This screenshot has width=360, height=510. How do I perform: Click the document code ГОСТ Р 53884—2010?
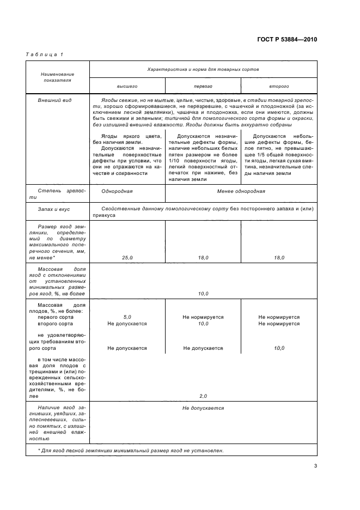tap(288, 40)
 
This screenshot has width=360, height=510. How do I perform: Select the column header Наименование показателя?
tap(58, 77)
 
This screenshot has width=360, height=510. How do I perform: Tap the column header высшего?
tap(127, 86)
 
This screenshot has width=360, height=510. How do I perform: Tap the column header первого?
tap(203, 86)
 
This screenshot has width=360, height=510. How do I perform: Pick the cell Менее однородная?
tap(241, 191)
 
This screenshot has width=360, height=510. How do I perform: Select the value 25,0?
tap(127, 257)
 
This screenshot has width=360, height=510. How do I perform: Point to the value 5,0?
tap(127, 317)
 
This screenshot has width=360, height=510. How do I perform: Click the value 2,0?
tap(203, 396)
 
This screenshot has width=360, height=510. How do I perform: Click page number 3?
tap(315, 465)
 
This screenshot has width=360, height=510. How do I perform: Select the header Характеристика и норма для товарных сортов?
tap(203, 70)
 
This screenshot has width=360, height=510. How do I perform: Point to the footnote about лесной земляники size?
tap(131, 450)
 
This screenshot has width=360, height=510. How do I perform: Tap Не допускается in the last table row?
tap(203, 408)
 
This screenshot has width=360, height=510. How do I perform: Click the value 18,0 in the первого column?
tap(203, 257)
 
